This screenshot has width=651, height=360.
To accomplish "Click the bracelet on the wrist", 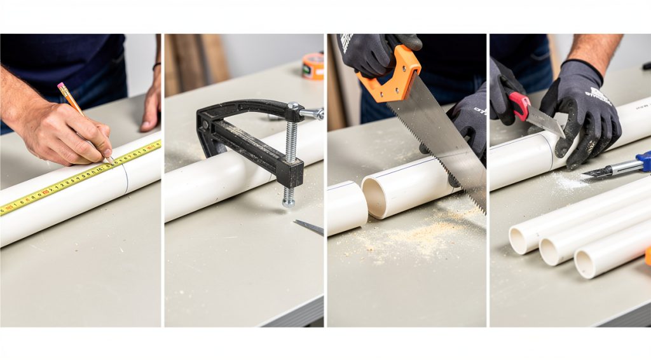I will tap(156, 66).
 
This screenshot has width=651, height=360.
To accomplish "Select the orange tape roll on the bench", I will tap(313, 66).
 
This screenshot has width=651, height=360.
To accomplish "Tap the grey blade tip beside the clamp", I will tap(309, 226).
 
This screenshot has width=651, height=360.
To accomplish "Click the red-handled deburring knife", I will tap(519, 104).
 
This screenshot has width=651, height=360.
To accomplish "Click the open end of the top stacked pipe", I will tap(520, 240).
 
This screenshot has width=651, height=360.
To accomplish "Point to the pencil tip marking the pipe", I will tap(113, 161).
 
